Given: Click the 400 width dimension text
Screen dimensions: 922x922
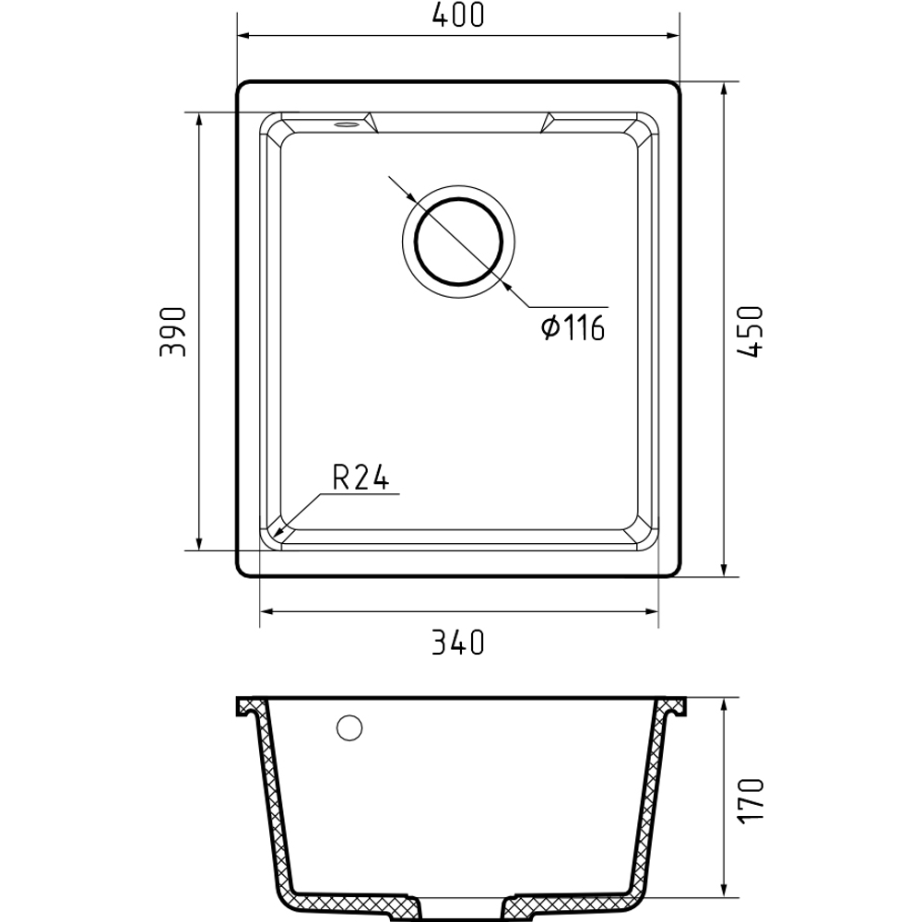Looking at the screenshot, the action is [x=458, y=16].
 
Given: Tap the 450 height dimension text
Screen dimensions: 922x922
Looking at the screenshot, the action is [x=751, y=332].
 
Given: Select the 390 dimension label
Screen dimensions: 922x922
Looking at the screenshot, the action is [x=173, y=332].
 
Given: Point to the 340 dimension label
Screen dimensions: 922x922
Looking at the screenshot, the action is [x=458, y=643].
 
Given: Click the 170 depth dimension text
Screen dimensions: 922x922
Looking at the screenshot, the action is [x=751, y=800].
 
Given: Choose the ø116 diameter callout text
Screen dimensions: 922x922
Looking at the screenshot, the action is [x=573, y=327].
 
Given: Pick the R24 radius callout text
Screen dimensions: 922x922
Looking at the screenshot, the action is [x=361, y=477].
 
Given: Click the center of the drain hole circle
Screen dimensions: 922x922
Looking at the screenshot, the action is [x=458, y=242].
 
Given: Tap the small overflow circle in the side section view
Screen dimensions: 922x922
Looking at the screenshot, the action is [x=349, y=728].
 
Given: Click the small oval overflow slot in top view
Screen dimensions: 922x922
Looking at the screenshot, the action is [x=345, y=124].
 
